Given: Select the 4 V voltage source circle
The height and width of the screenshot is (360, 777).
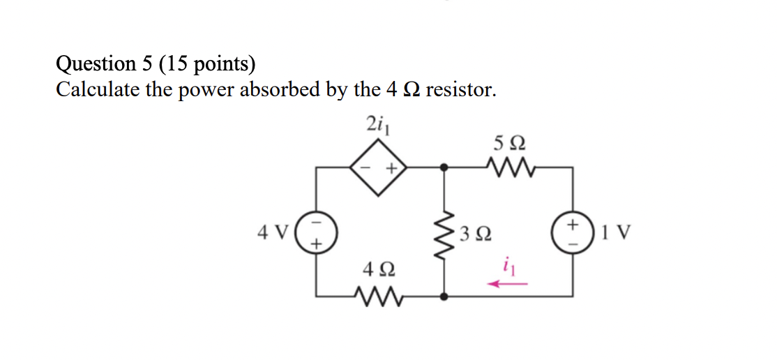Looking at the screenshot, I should click(x=317, y=232).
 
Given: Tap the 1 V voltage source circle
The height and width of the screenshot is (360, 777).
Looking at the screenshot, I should click(x=573, y=232).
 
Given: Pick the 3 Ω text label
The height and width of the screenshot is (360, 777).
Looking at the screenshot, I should click(x=476, y=232).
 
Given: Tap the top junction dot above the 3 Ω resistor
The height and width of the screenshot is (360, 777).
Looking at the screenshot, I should click(x=445, y=167).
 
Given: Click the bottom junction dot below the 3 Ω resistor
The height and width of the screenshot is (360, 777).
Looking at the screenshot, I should click(x=445, y=297).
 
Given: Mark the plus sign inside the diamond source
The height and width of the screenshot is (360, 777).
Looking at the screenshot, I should click(x=391, y=168).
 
